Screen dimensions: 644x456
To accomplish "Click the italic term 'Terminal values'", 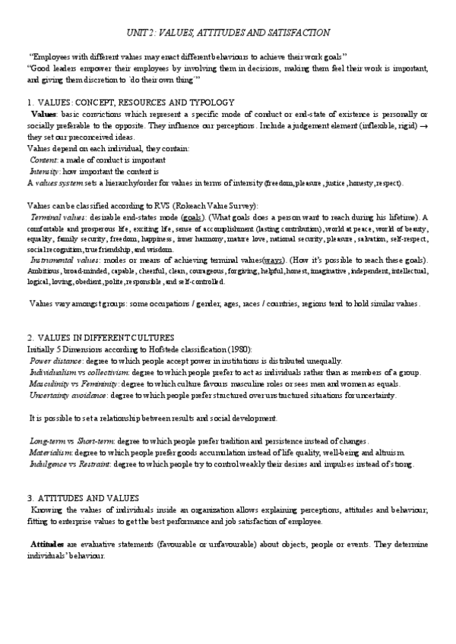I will (55, 217).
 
